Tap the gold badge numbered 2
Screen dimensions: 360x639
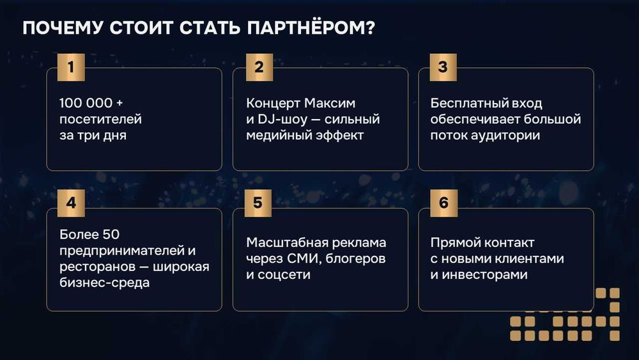pos(259,67)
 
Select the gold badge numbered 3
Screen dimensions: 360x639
pos(443,67)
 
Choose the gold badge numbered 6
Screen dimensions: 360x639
pos(443,203)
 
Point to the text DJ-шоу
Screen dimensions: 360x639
pos(277,119)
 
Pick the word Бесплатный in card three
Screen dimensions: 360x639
pos(468,103)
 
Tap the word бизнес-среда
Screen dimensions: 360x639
pos(104,283)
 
